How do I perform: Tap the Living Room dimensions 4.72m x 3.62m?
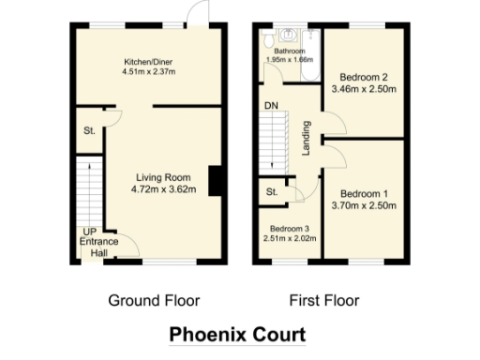tap(164, 189)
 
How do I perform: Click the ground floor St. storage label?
tap(90, 129)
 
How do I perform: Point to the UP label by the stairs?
tap(88, 231)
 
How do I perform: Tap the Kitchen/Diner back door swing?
tap(196, 14)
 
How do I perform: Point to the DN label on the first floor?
tap(270, 105)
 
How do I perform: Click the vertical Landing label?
tap(306, 137)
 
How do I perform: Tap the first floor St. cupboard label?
tap(272, 192)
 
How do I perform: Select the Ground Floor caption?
tap(155, 301)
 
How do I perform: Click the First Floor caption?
tap(323, 301)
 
